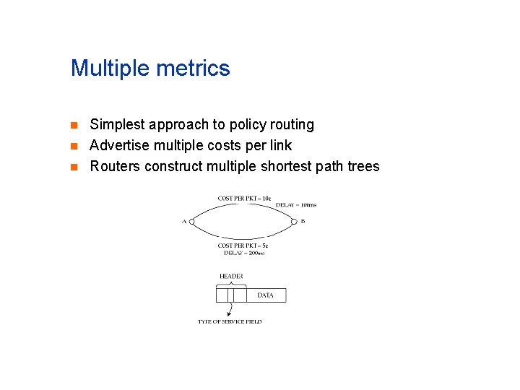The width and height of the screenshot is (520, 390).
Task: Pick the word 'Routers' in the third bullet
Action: [x=115, y=167]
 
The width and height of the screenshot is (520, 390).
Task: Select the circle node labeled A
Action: [x=191, y=221]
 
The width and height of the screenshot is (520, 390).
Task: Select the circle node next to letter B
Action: [x=294, y=221]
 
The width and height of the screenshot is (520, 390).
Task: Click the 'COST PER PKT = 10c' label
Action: [x=244, y=198]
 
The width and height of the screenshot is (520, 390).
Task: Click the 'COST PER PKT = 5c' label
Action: [x=243, y=246]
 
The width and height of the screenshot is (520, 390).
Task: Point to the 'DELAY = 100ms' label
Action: [x=295, y=205]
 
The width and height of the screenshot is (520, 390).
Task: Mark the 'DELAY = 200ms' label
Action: [x=244, y=253]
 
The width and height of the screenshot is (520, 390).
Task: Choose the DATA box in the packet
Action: [x=265, y=295]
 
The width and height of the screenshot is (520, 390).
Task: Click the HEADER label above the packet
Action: [x=231, y=277]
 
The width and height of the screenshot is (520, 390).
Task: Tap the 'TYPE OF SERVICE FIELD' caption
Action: [x=230, y=321]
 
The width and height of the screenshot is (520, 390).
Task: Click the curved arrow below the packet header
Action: [x=229, y=309]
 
